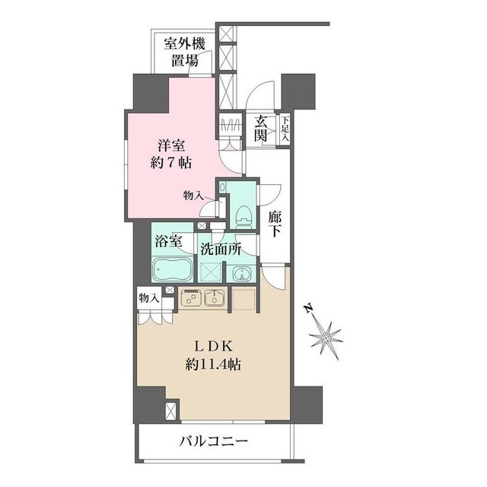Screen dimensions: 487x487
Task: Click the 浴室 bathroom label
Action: (x=169, y=243)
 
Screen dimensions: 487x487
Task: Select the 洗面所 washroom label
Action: (x=221, y=247)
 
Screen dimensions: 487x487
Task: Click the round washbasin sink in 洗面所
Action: (x=240, y=274)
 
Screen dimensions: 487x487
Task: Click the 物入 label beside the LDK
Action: (x=148, y=298)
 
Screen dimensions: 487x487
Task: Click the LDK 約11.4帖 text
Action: (x=214, y=355)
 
